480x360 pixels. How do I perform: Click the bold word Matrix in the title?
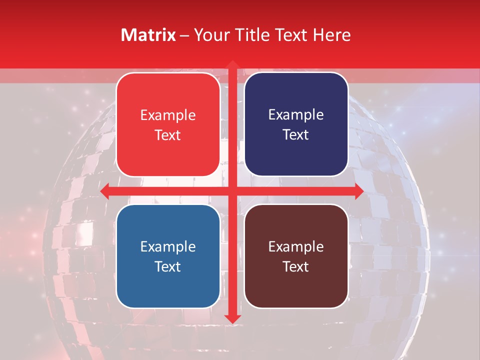point(148,35)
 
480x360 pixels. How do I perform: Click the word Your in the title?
point(211,35)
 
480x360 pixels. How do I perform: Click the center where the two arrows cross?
point(232,191)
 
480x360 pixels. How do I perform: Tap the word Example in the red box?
point(168,115)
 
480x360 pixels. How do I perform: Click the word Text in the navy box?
point(296,135)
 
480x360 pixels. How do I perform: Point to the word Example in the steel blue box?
point(168,246)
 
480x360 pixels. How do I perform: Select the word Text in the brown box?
point(296,266)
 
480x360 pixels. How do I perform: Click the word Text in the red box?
point(168,135)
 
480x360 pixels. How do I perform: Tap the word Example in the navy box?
point(296,115)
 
